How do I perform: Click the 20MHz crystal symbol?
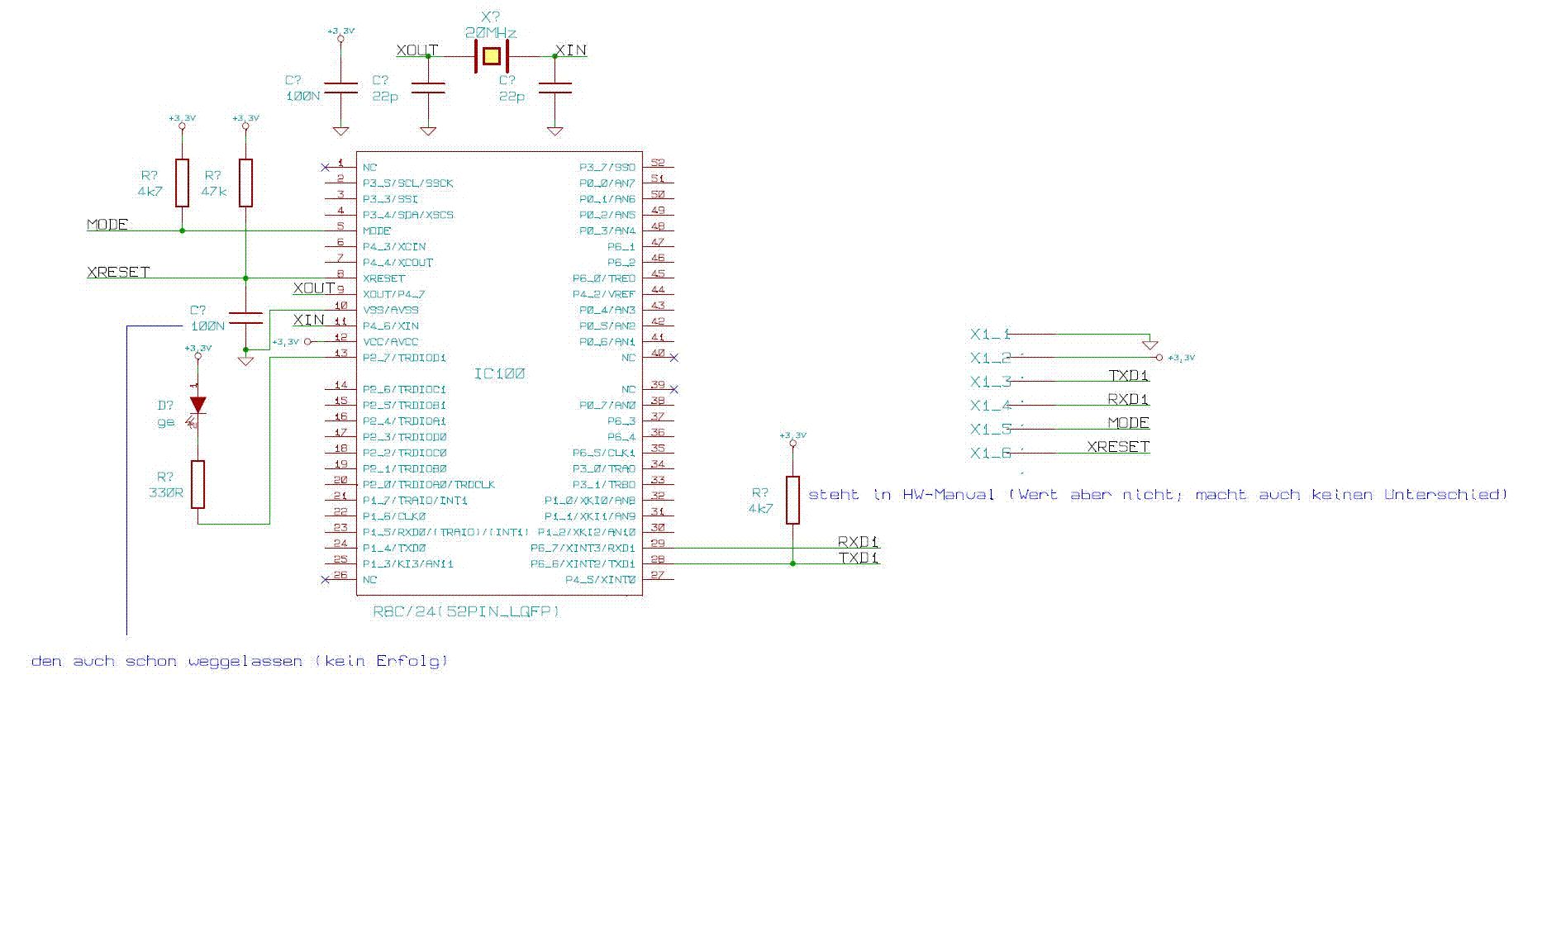[x=491, y=56]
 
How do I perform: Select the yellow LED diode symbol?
[x=198, y=405]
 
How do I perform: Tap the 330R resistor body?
[x=198, y=484]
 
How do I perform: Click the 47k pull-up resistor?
[x=245, y=183]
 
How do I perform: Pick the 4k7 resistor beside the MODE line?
[x=182, y=183]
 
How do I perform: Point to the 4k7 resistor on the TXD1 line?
[x=793, y=500]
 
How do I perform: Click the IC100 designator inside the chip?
[x=499, y=374]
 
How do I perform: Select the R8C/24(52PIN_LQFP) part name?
[x=466, y=612]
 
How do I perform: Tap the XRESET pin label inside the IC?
[x=383, y=278]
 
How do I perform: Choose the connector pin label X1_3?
[x=990, y=382]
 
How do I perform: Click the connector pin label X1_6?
[x=990, y=454]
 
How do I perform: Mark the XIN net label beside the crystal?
[x=571, y=50]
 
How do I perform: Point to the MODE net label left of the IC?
[x=107, y=225]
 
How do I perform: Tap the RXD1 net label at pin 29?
[x=858, y=542]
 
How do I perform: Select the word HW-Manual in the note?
[x=948, y=495]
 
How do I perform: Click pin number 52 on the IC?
[x=657, y=163]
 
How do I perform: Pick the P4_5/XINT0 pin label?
[x=600, y=580]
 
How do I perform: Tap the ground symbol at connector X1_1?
[x=1149, y=344]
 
